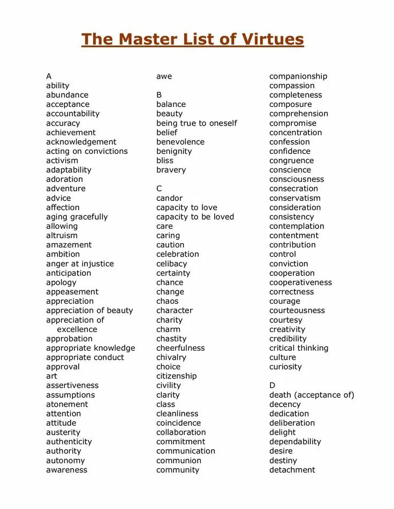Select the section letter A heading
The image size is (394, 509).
(x=49, y=76)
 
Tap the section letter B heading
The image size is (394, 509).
(x=159, y=95)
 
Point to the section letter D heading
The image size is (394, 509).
(x=272, y=385)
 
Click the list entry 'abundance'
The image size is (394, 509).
(x=67, y=95)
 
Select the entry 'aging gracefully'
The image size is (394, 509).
(x=77, y=217)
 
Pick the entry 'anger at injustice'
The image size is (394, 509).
(x=80, y=264)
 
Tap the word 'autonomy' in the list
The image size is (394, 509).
(x=65, y=461)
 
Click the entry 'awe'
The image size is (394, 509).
(x=164, y=76)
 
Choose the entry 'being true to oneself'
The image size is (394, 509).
(x=196, y=123)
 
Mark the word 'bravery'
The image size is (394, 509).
(x=171, y=170)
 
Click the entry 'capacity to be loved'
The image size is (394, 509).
(x=195, y=217)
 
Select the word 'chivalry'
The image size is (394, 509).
(x=171, y=358)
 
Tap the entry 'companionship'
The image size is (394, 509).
(x=298, y=76)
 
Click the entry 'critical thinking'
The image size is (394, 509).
(x=299, y=348)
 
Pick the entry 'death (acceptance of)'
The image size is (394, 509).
(x=312, y=395)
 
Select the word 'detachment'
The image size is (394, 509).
(x=292, y=470)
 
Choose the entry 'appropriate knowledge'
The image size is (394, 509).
(x=90, y=348)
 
